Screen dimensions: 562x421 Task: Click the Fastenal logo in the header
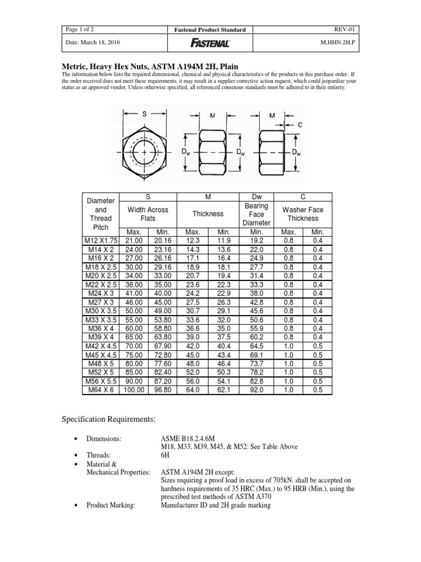click(210, 43)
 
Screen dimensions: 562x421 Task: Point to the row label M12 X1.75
click(100, 240)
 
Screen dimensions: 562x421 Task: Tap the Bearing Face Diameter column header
click(256, 214)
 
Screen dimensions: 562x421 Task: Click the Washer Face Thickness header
click(303, 214)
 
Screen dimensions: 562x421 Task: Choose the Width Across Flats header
click(148, 214)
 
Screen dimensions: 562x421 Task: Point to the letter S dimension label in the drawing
click(145, 114)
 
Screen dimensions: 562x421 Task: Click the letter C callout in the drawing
click(300, 125)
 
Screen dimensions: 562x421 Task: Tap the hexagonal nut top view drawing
click(144, 151)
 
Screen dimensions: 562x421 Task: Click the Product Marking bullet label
click(111, 505)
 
